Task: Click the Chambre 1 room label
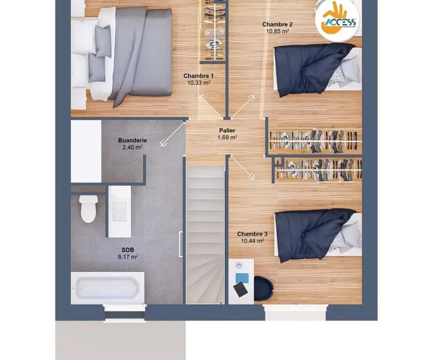(x=198, y=76)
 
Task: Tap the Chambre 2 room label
(x=277, y=25)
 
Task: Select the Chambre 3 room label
(x=252, y=234)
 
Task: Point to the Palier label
(x=227, y=131)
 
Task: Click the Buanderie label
(x=132, y=140)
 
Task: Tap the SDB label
(x=128, y=250)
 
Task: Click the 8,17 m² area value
(x=128, y=257)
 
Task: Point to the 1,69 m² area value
(x=227, y=138)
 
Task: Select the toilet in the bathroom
(x=88, y=209)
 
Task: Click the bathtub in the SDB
(x=107, y=288)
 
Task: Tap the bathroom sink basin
(x=119, y=211)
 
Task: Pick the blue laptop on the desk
(x=242, y=278)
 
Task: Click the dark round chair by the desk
(x=264, y=289)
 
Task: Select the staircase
(x=205, y=235)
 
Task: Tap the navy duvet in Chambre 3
(x=313, y=234)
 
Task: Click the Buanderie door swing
(x=172, y=133)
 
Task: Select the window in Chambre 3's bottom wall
(x=295, y=313)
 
